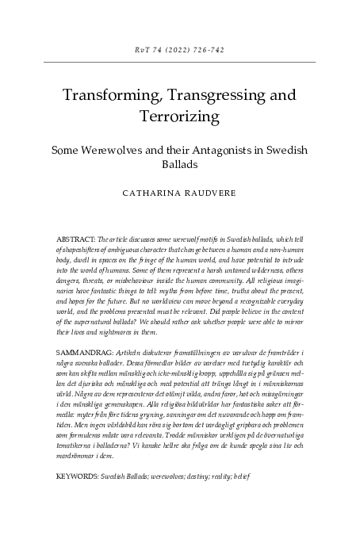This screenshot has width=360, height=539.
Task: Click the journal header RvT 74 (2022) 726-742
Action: click(x=180, y=48)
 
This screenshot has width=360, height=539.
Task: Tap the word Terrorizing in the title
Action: click(x=180, y=117)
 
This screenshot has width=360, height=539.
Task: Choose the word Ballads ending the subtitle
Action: click(x=180, y=165)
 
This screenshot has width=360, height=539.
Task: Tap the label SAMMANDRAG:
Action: click(x=84, y=372)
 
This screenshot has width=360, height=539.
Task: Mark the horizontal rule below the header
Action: click(x=180, y=62)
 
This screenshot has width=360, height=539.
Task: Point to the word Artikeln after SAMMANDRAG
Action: click(x=129, y=372)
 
